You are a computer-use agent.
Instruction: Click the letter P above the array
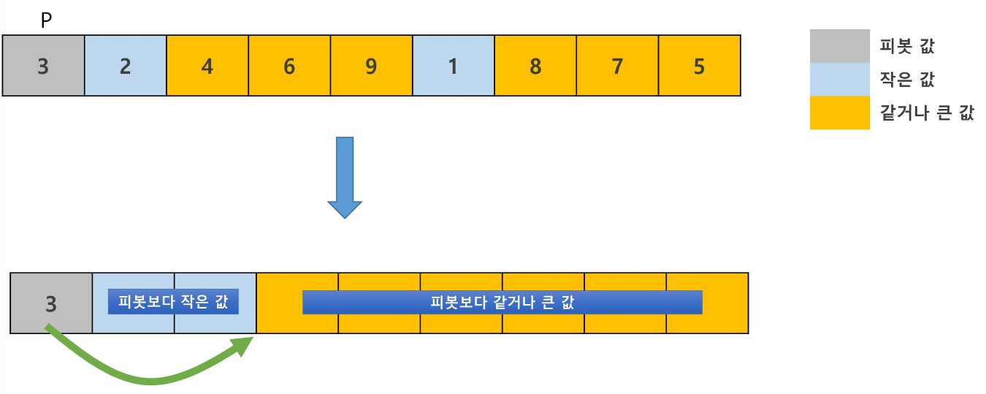tap(46, 21)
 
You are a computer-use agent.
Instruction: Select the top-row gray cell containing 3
tap(43, 65)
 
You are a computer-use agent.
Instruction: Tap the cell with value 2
tap(126, 65)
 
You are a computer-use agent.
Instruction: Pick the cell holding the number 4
tap(207, 65)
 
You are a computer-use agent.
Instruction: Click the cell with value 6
tap(289, 65)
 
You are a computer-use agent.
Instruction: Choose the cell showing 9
tap(372, 65)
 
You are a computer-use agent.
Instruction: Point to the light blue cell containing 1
tap(454, 65)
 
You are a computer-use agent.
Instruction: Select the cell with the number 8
tap(535, 65)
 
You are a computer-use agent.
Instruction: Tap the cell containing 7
tap(617, 65)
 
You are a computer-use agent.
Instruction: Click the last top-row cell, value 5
tap(700, 65)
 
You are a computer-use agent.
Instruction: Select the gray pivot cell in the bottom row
tap(51, 303)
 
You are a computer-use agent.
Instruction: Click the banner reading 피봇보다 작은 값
tap(173, 302)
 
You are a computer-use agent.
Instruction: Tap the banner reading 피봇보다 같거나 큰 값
tap(502, 302)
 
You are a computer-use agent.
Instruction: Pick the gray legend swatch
tap(839, 46)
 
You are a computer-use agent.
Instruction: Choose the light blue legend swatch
tap(839, 79)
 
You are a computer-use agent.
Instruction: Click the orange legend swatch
tap(839, 113)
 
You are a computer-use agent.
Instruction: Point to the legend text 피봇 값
tap(907, 48)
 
